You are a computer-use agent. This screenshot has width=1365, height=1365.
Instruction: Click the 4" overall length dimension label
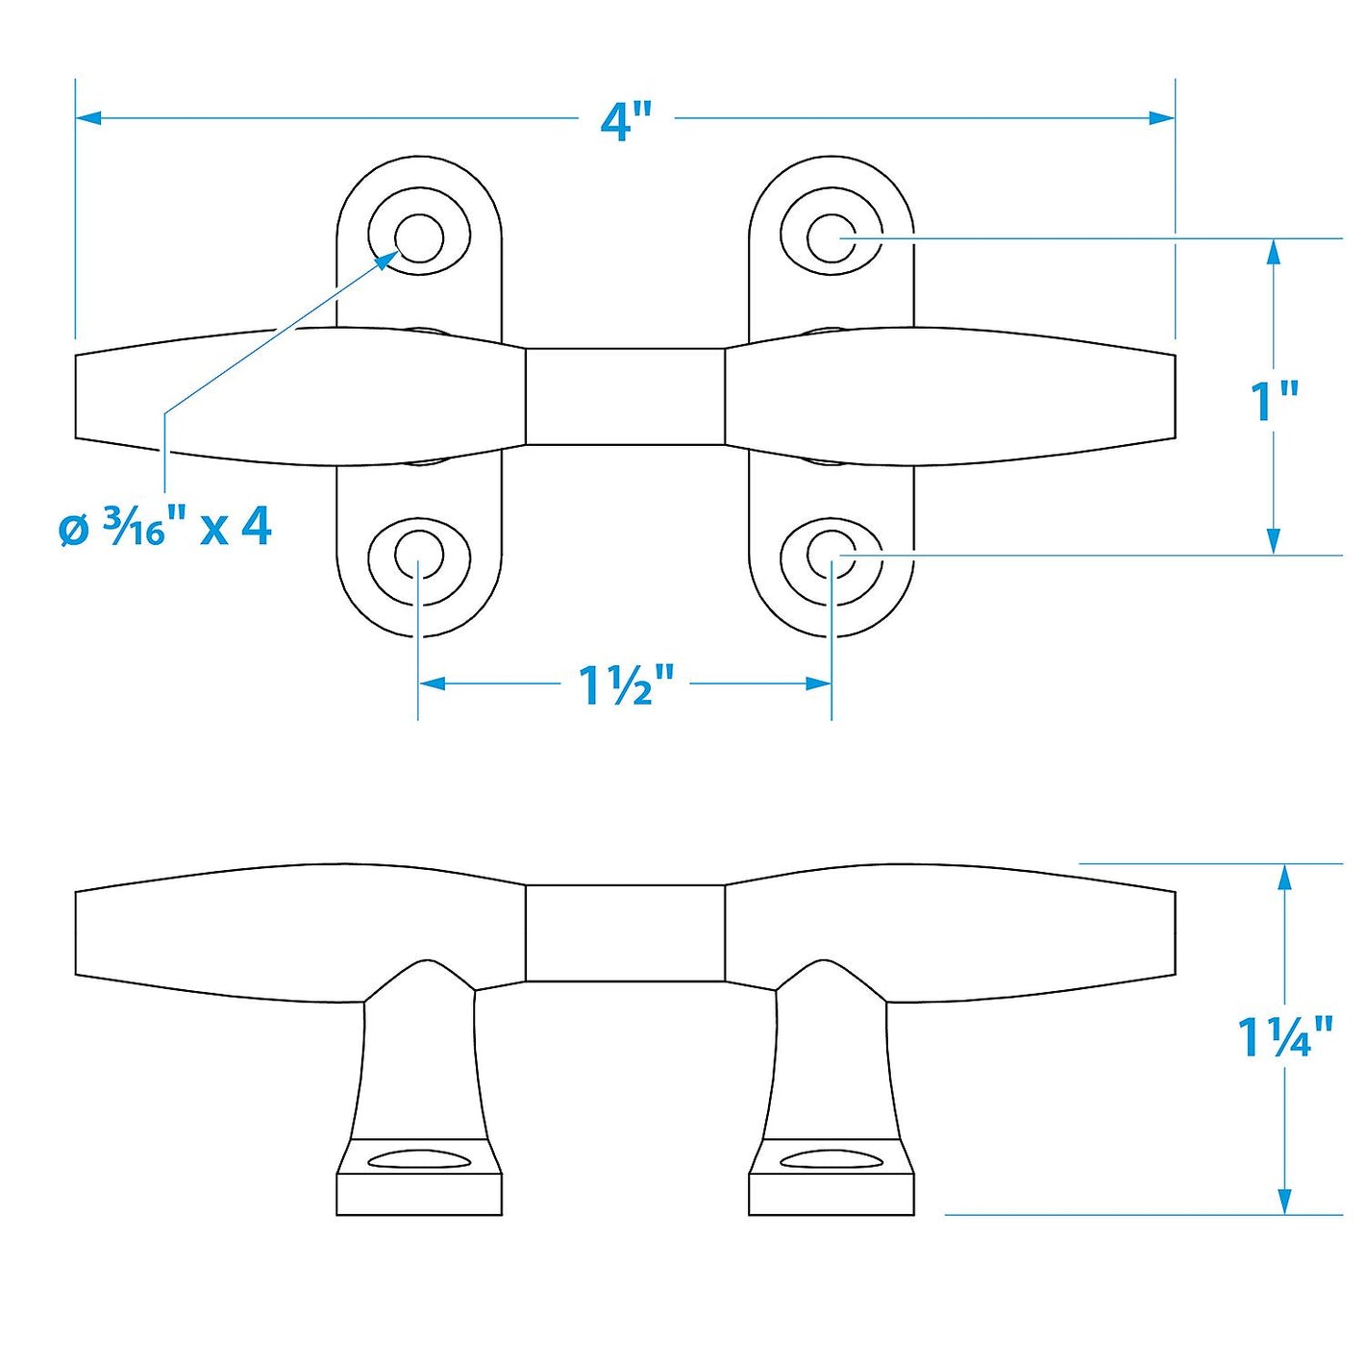625,121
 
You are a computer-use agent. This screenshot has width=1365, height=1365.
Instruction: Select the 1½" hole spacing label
624,685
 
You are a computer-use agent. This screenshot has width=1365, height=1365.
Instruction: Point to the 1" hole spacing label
1274,401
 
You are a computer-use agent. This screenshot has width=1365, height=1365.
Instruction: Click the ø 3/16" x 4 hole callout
165,531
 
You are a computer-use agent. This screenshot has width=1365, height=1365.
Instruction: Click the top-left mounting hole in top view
419,238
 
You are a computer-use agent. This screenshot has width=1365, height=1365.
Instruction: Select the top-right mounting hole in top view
832,238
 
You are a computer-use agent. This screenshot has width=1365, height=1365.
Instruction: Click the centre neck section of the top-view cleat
626,397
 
